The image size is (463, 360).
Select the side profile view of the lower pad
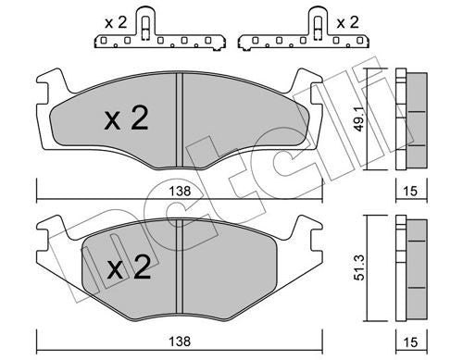(408, 270)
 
